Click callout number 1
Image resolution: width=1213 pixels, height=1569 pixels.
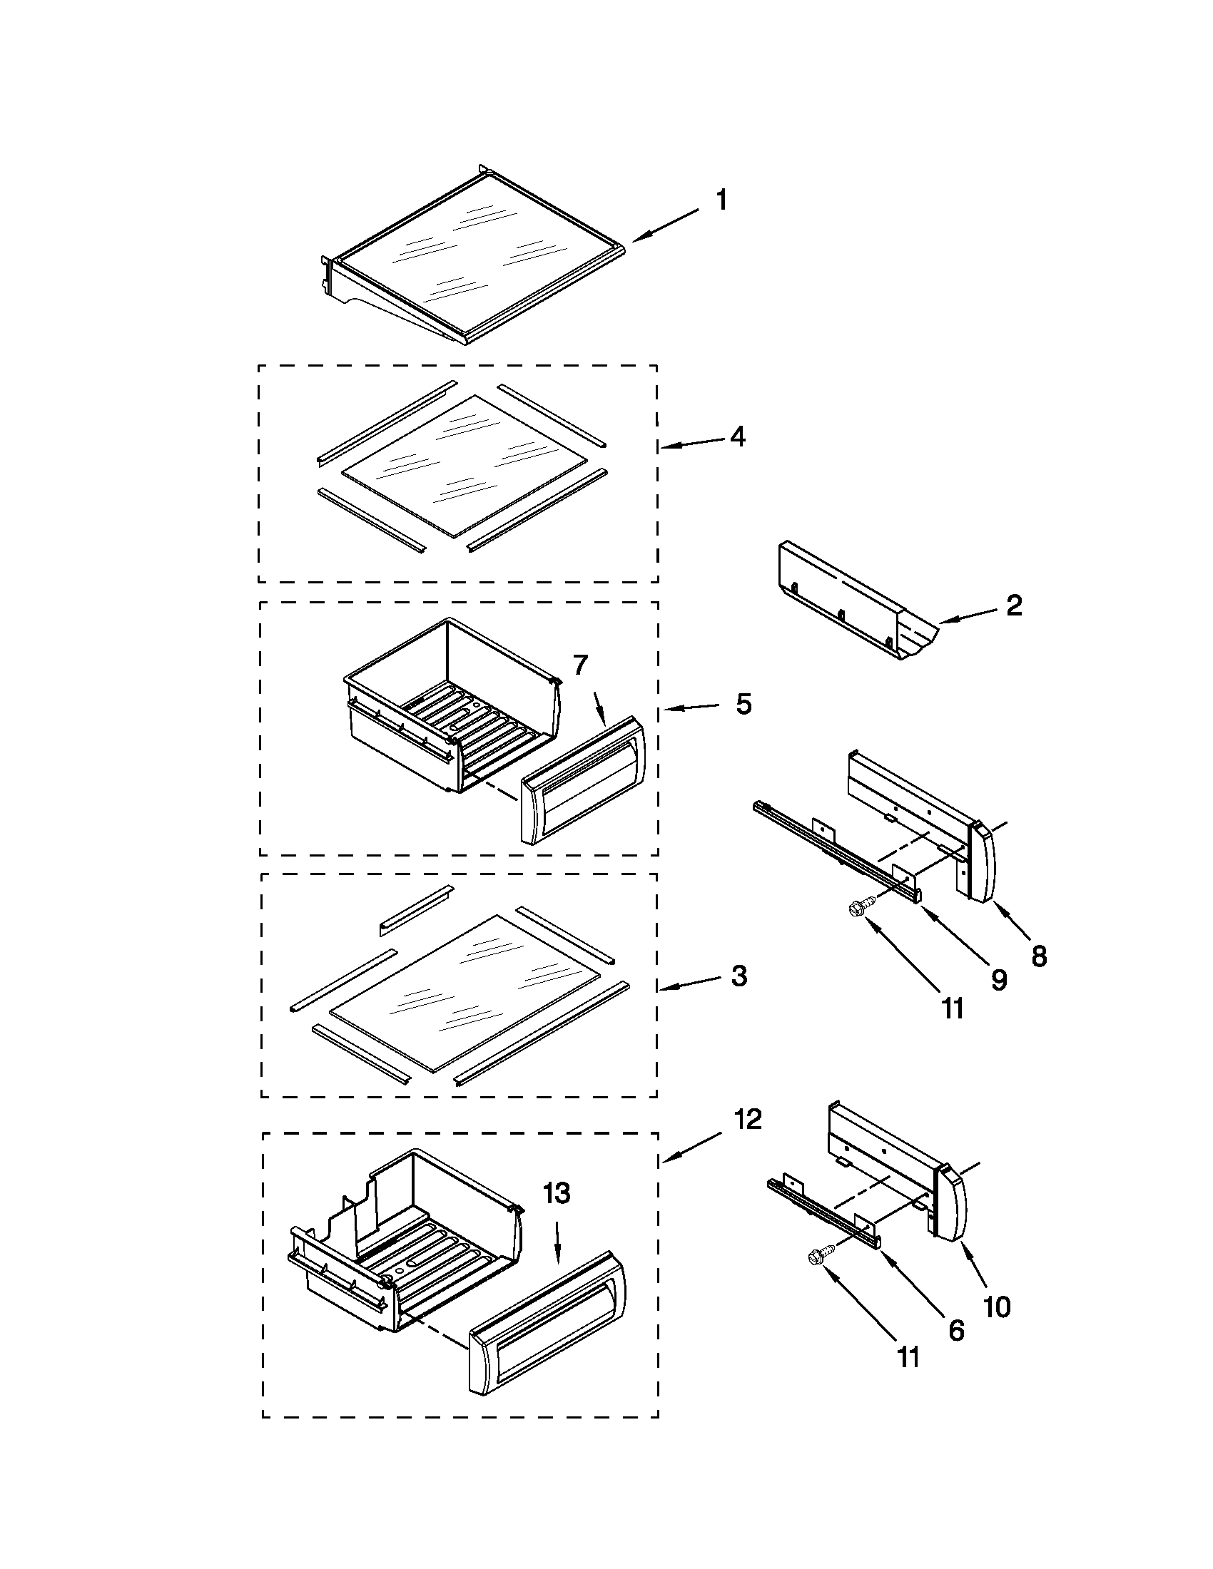pos(721,200)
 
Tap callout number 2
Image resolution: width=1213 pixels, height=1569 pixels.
pos(1014,605)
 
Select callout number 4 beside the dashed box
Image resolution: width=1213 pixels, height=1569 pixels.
pos(737,436)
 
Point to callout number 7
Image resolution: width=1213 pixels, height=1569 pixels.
pos(581,666)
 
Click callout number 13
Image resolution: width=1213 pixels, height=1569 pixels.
pos(557,1194)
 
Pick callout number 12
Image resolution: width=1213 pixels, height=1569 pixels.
pos(747,1118)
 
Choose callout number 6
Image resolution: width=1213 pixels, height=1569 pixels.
pos(955,1331)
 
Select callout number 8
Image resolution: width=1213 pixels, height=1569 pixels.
pos(1039,956)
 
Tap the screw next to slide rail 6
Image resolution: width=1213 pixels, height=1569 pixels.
pos(819,1255)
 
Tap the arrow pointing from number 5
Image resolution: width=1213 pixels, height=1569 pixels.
pos(690,708)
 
